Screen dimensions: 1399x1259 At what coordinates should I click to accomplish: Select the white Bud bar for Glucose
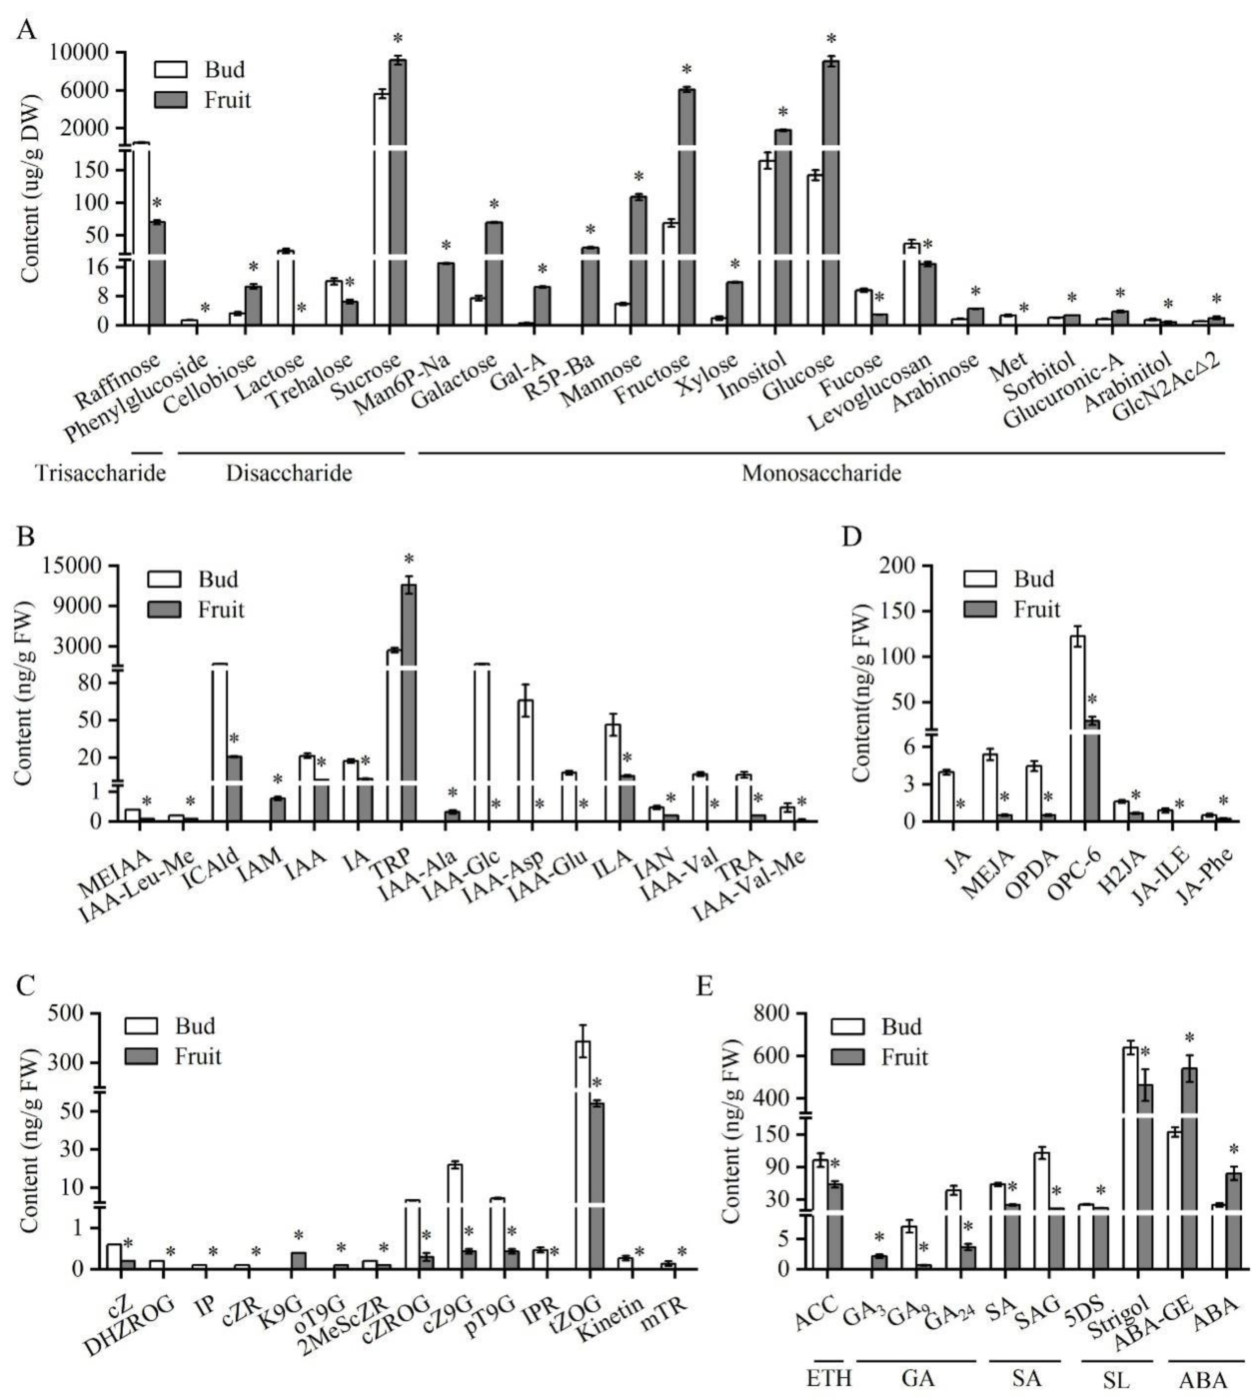(815, 249)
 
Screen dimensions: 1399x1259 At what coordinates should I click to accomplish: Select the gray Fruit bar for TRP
(409, 706)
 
